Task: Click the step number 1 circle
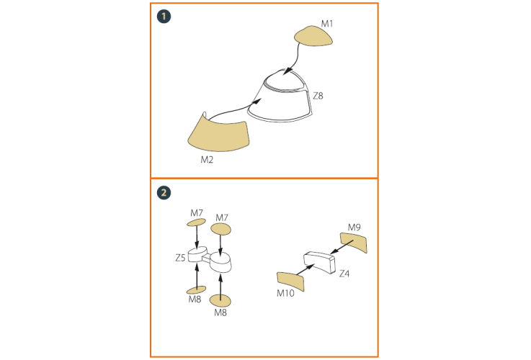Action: (x=164, y=17)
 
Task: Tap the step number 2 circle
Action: (x=164, y=193)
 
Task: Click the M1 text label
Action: (x=327, y=24)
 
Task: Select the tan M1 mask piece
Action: (x=313, y=36)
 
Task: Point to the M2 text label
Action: (x=207, y=160)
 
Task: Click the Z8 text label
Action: (x=318, y=96)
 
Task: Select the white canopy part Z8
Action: (x=280, y=96)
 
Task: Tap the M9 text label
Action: (x=354, y=228)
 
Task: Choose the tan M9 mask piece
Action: (x=354, y=242)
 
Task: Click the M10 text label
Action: (x=285, y=293)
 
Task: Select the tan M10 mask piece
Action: (x=290, y=282)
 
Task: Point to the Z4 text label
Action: (x=344, y=274)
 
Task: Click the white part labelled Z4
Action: (x=319, y=262)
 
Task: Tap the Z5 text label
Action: (x=181, y=258)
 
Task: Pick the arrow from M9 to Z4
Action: (x=342, y=247)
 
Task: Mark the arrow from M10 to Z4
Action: (x=305, y=270)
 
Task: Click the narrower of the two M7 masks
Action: (x=197, y=222)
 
